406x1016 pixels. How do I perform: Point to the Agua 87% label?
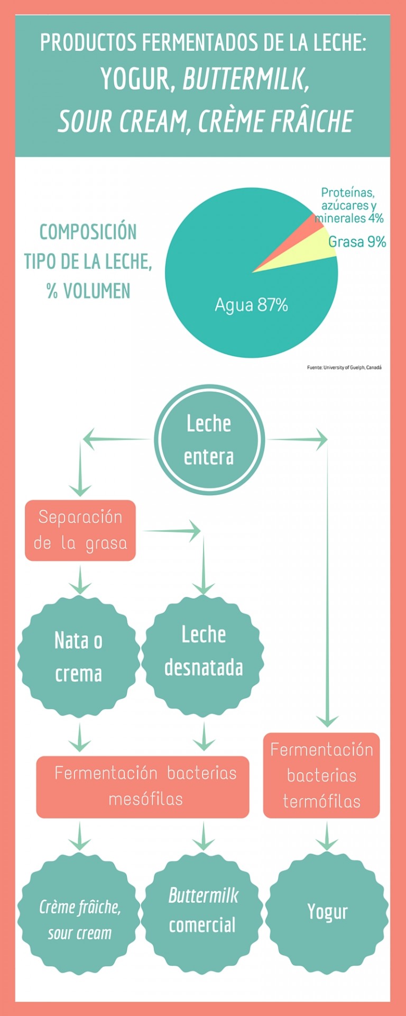click(251, 305)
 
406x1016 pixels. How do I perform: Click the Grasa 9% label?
click(357, 242)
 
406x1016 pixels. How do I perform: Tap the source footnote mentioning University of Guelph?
click(344, 367)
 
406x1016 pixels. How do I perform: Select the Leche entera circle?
click(209, 439)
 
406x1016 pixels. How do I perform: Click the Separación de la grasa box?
click(80, 530)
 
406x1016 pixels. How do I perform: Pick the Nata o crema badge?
click(79, 657)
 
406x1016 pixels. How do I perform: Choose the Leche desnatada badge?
click(204, 656)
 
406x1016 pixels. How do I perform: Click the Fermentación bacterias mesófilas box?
click(143, 787)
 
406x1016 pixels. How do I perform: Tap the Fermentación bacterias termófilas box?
click(321, 775)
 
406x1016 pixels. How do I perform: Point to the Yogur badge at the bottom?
click(327, 912)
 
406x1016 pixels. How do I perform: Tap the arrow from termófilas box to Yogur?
click(327, 836)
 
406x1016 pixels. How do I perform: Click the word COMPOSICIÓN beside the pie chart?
click(88, 232)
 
